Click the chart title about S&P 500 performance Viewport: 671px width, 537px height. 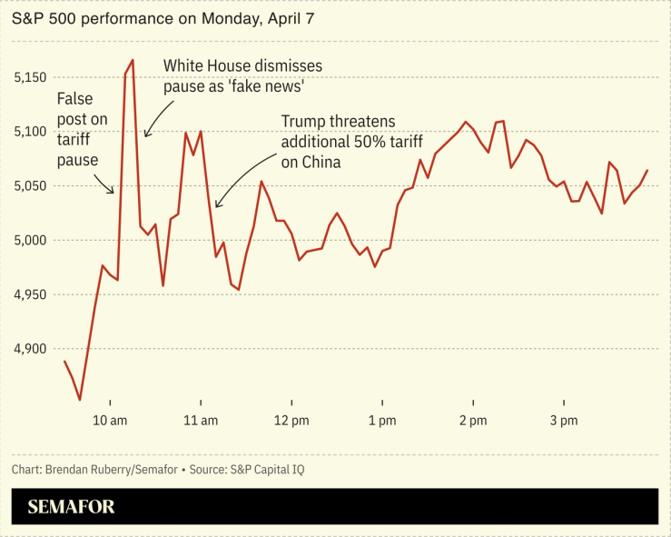[163, 18]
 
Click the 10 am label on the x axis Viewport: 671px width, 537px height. [109, 421]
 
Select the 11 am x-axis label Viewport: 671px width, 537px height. [200, 421]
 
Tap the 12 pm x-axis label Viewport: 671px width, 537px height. [291, 421]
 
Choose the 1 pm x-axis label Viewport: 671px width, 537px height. [382, 421]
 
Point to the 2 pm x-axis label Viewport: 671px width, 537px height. [473, 421]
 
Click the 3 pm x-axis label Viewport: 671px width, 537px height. [564, 421]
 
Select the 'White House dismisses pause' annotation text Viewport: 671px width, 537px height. [242, 76]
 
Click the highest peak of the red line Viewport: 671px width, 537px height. [133, 61]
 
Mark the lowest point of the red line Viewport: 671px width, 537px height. [80, 399]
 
